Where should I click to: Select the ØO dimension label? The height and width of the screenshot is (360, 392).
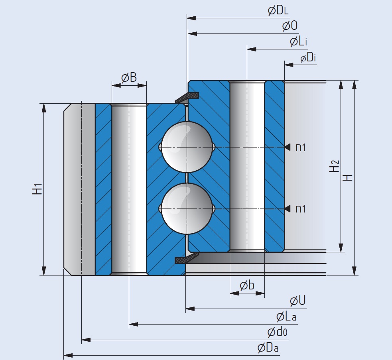(x=290, y=26)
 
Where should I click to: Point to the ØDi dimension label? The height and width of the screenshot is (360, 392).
(x=308, y=58)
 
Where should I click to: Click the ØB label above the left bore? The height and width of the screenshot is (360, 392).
(x=129, y=77)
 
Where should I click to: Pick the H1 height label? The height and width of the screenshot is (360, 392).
(x=37, y=189)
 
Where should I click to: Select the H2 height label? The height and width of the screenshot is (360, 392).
(x=334, y=166)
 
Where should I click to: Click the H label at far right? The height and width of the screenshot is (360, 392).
(x=348, y=177)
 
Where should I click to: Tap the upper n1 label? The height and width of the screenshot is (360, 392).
(x=301, y=147)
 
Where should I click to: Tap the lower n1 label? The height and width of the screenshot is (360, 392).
(x=301, y=209)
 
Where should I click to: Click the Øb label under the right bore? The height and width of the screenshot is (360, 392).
(x=247, y=285)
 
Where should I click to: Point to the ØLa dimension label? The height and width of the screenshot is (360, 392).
(x=286, y=317)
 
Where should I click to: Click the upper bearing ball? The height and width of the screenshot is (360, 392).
(x=186, y=147)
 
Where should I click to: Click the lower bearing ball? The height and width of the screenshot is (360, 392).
(x=186, y=208)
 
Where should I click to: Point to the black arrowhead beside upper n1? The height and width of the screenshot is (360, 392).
(x=287, y=147)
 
